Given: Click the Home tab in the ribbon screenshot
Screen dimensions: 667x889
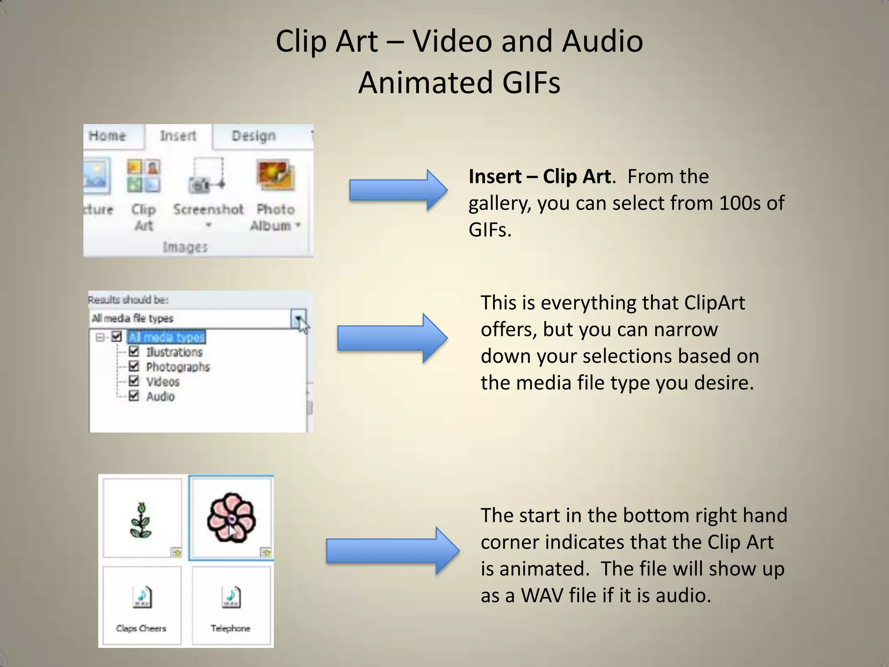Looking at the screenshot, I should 107,136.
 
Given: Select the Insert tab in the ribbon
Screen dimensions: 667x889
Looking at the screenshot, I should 178,136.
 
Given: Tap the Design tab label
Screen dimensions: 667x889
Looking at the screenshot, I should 254,136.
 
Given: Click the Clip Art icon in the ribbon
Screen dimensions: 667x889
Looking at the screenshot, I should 144,176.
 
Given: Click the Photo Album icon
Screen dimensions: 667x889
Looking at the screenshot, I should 275,176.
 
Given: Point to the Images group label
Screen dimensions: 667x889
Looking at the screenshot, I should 185,247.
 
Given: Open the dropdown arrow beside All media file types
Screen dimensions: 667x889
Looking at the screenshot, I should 298,318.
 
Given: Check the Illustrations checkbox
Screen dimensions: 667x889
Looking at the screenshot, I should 134,351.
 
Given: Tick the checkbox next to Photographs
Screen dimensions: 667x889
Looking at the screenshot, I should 134,366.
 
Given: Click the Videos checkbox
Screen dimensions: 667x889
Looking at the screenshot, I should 134,381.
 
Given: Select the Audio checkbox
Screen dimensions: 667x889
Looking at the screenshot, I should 134,396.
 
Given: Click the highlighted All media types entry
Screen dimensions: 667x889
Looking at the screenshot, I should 167,337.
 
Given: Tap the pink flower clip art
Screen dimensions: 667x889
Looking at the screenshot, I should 231,518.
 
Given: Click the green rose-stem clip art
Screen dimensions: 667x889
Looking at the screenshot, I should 141,521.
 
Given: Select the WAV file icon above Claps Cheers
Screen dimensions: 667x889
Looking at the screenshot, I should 142,597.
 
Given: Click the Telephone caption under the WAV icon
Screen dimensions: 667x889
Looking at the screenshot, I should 230,628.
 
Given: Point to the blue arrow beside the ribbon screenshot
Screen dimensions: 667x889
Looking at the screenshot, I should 398,190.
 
